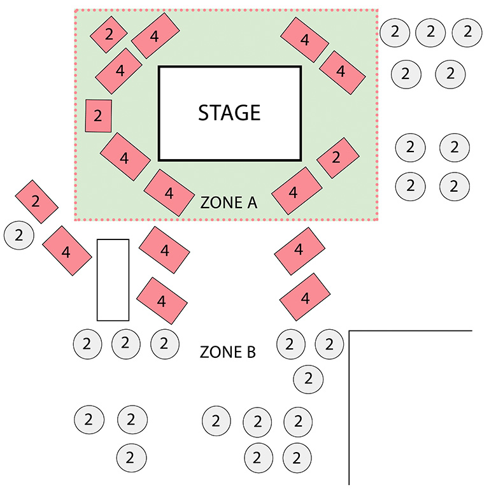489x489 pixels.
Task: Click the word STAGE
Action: pyautogui.click(x=229, y=113)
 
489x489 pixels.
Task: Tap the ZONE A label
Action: pyautogui.click(x=228, y=203)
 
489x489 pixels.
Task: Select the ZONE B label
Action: pyautogui.click(x=228, y=351)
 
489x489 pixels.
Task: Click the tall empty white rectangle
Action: pyautogui.click(x=113, y=280)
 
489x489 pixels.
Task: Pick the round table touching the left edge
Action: pyautogui.click(x=19, y=235)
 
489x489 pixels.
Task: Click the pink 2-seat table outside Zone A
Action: pyautogui.click(x=36, y=202)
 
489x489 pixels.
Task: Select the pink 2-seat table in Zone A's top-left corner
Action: pyautogui.click(x=108, y=34)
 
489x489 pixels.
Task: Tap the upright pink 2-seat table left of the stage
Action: pyautogui.click(x=99, y=116)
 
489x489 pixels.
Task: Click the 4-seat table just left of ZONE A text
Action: pyautogui.click(x=169, y=192)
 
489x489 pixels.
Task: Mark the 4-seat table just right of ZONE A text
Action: pyautogui.click(x=296, y=190)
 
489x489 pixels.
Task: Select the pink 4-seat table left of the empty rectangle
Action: pyautogui.click(x=66, y=250)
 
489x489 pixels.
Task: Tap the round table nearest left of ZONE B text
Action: pyautogui.click(x=164, y=344)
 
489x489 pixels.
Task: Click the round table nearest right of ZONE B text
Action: pyautogui.click(x=290, y=344)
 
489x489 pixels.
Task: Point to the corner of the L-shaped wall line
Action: pyautogui.click(x=350, y=331)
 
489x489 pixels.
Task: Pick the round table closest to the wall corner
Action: pyautogui.click(x=329, y=344)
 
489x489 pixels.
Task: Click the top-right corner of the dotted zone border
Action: pyautogui.click(x=378, y=10)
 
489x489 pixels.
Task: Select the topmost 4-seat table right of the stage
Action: pyautogui.click(x=304, y=39)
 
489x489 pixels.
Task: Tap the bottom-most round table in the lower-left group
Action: pyautogui.click(x=131, y=457)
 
